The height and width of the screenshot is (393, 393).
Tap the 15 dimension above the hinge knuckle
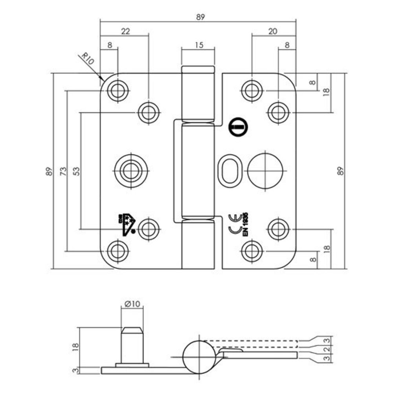click(198, 45)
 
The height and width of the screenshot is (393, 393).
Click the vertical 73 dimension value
click(62, 171)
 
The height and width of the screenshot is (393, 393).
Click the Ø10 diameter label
click(131, 304)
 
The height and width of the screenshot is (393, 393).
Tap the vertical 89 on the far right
click(341, 171)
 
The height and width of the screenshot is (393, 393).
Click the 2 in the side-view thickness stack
click(326, 349)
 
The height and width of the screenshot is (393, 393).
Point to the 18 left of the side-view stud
click(76, 346)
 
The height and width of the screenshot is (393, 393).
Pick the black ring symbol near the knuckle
click(236, 127)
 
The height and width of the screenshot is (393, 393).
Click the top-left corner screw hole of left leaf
click(118, 91)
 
